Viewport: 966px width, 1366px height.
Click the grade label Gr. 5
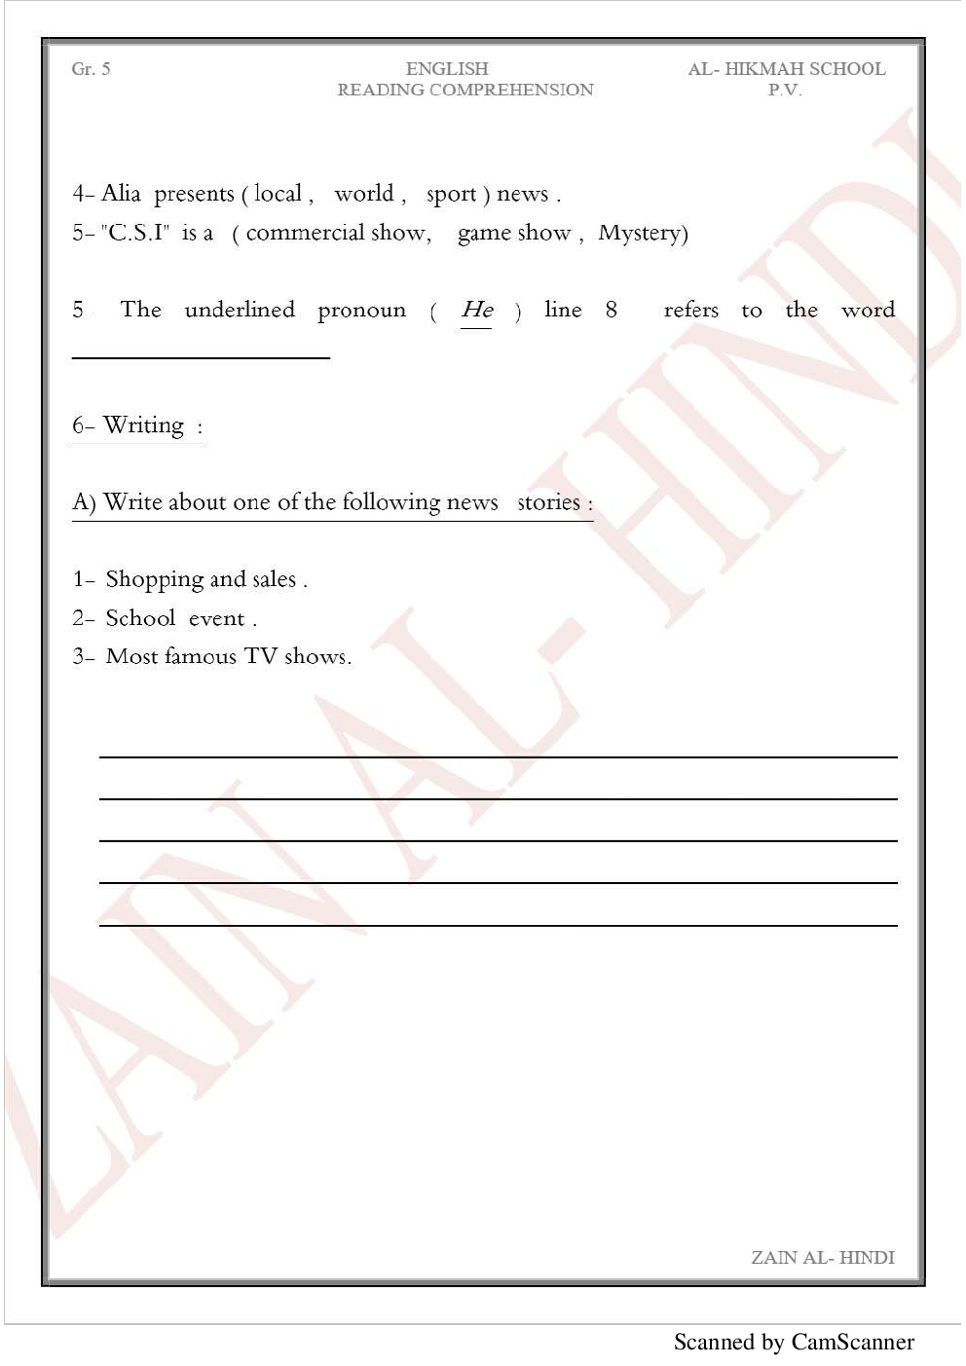coord(91,69)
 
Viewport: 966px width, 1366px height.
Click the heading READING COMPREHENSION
coord(464,90)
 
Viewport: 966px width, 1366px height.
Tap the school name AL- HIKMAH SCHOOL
coord(786,69)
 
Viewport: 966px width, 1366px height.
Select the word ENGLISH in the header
coord(447,69)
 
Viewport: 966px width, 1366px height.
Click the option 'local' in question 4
coord(278,194)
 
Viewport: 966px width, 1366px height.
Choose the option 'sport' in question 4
coord(451,195)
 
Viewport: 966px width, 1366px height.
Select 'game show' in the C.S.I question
coord(513,234)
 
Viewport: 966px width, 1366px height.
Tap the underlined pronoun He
coord(476,310)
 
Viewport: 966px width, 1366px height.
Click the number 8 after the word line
coord(611,310)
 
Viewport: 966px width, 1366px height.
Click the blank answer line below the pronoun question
coord(201,357)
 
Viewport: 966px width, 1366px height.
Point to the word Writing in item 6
coord(143,425)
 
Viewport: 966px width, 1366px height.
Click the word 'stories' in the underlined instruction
coord(548,502)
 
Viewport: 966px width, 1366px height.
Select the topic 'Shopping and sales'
coord(201,579)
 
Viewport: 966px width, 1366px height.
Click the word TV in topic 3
coord(261,656)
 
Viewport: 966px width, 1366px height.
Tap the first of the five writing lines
coord(498,756)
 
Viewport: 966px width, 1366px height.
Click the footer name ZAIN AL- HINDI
coord(822,1257)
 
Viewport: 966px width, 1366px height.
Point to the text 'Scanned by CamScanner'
coord(794,1342)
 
